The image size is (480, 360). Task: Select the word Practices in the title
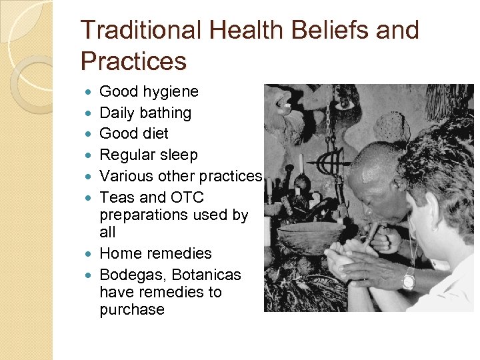click(x=133, y=61)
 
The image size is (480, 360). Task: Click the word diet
click(x=155, y=133)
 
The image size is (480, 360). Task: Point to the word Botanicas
click(x=208, y=275)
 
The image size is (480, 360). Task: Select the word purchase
click(x=132, y=309)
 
